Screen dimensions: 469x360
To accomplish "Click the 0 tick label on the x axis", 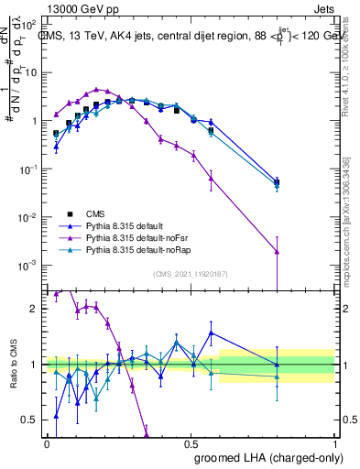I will (47, 443).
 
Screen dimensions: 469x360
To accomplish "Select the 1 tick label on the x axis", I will (335, 443).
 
